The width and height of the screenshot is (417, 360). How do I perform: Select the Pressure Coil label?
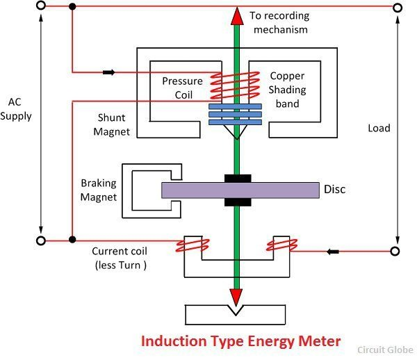pyautogui.click(x=182, y=88)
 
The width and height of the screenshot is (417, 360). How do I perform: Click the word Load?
pyautogui.click(x=379, y=128)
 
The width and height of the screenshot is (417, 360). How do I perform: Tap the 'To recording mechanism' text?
pyautogui.click(x=279, y=22)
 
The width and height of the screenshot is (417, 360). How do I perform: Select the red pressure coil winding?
pyautogui.click(x=225, y=87)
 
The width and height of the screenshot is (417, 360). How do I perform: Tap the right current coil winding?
pyautogui.click(x=282, y=245)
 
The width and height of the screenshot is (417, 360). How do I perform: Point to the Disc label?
pyautogui.click(x=334, y=189)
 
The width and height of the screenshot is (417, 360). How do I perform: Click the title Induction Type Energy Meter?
pyautogui.click(x=241, y=341)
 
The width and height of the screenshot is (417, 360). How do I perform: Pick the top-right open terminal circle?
pyautogui.click(x=397, y=8)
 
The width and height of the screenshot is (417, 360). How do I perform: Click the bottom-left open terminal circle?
pyautogui.click(x=41, y=240)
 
